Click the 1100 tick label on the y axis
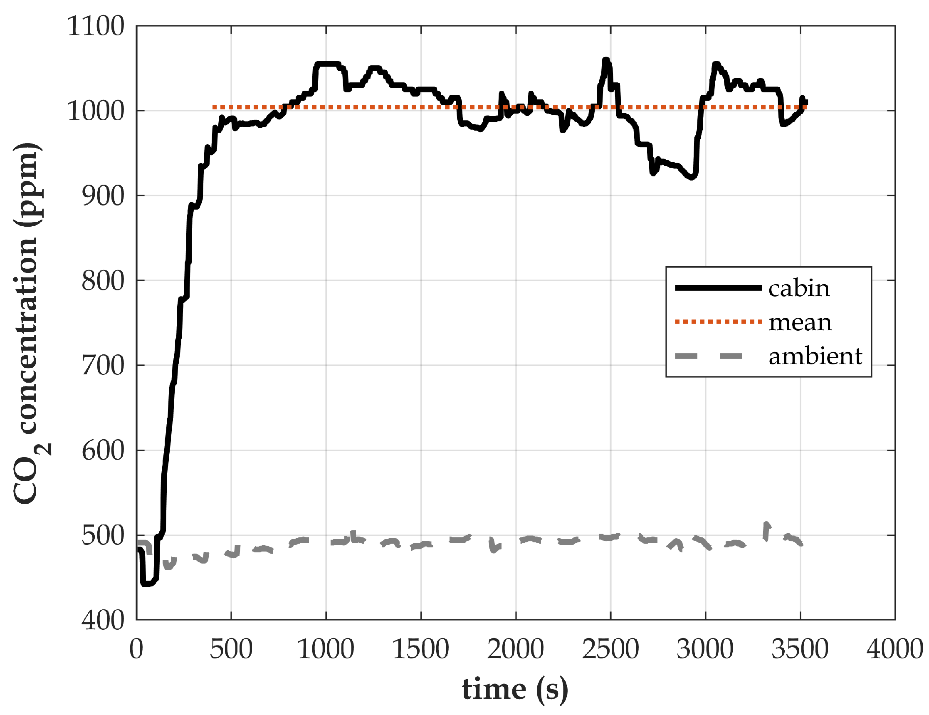click(x=96, y=26)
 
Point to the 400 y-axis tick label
click(x=103, y=621)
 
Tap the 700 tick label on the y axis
click(x=103, y=365)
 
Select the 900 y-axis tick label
click(x=103, y=196)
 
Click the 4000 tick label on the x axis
click(x=894, y=650)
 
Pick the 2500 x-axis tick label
click(x=610, y=650)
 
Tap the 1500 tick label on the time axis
click(x=421, y=650)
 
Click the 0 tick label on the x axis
click(x=136, y=650)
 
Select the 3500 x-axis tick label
click(x=800, y=650)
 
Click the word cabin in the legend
click(x=799, y=289)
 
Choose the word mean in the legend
click(x=800, y=322)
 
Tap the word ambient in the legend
click(x=815, y=356)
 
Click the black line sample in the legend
click(x=718, y=288)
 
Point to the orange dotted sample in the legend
click(x=718, y=322)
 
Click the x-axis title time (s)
click(x=515, y=689)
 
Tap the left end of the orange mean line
click(x=214, y=107)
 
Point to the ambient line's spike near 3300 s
click(x=766, y=524)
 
